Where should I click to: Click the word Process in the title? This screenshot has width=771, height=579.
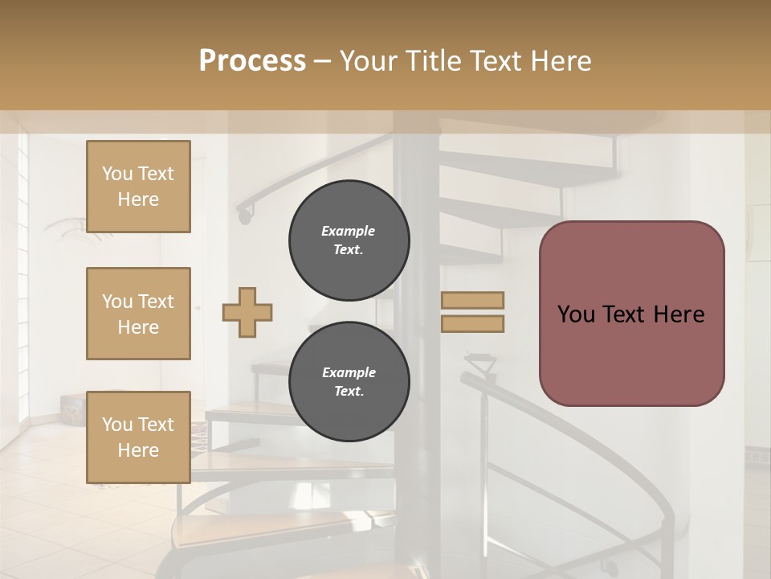point(252,61)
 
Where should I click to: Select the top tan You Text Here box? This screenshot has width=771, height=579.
point(138,187)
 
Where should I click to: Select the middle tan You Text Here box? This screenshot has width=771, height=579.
point(138,314)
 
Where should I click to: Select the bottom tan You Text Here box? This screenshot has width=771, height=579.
point(138,437)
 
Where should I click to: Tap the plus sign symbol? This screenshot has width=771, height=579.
point(247,312)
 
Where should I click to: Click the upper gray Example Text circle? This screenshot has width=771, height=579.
point(349,240)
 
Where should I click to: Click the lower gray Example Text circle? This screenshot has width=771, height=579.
point(349,382)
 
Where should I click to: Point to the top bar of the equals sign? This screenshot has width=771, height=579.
point(472,300)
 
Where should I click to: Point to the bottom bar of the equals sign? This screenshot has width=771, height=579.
point(472,324)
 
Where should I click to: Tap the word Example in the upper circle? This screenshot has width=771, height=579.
point(349,231)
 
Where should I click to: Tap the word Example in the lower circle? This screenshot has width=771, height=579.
point(349,372)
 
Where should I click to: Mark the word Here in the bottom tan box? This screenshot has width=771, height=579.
point(138,450)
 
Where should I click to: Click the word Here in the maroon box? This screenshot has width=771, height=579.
point(680,314)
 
